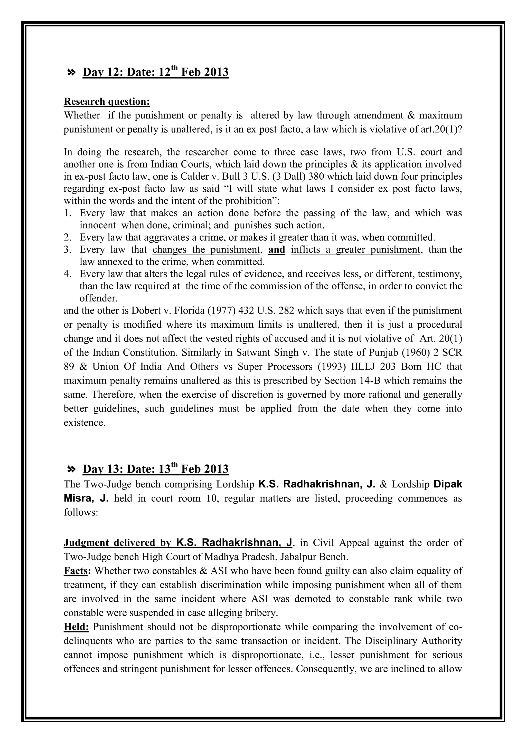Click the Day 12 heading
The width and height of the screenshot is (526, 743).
[x=155, y=72]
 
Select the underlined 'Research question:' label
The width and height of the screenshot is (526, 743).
[x=107, y=102]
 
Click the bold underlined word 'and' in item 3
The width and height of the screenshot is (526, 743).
[x=277, y=250]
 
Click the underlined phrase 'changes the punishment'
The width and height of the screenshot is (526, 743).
[x=206, y=250]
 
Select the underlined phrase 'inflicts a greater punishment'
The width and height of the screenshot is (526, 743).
[x=355, y=250]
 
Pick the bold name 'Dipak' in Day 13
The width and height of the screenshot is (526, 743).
[x=448, y=484]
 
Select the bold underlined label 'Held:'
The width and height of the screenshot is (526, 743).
[x=77, y=627]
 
